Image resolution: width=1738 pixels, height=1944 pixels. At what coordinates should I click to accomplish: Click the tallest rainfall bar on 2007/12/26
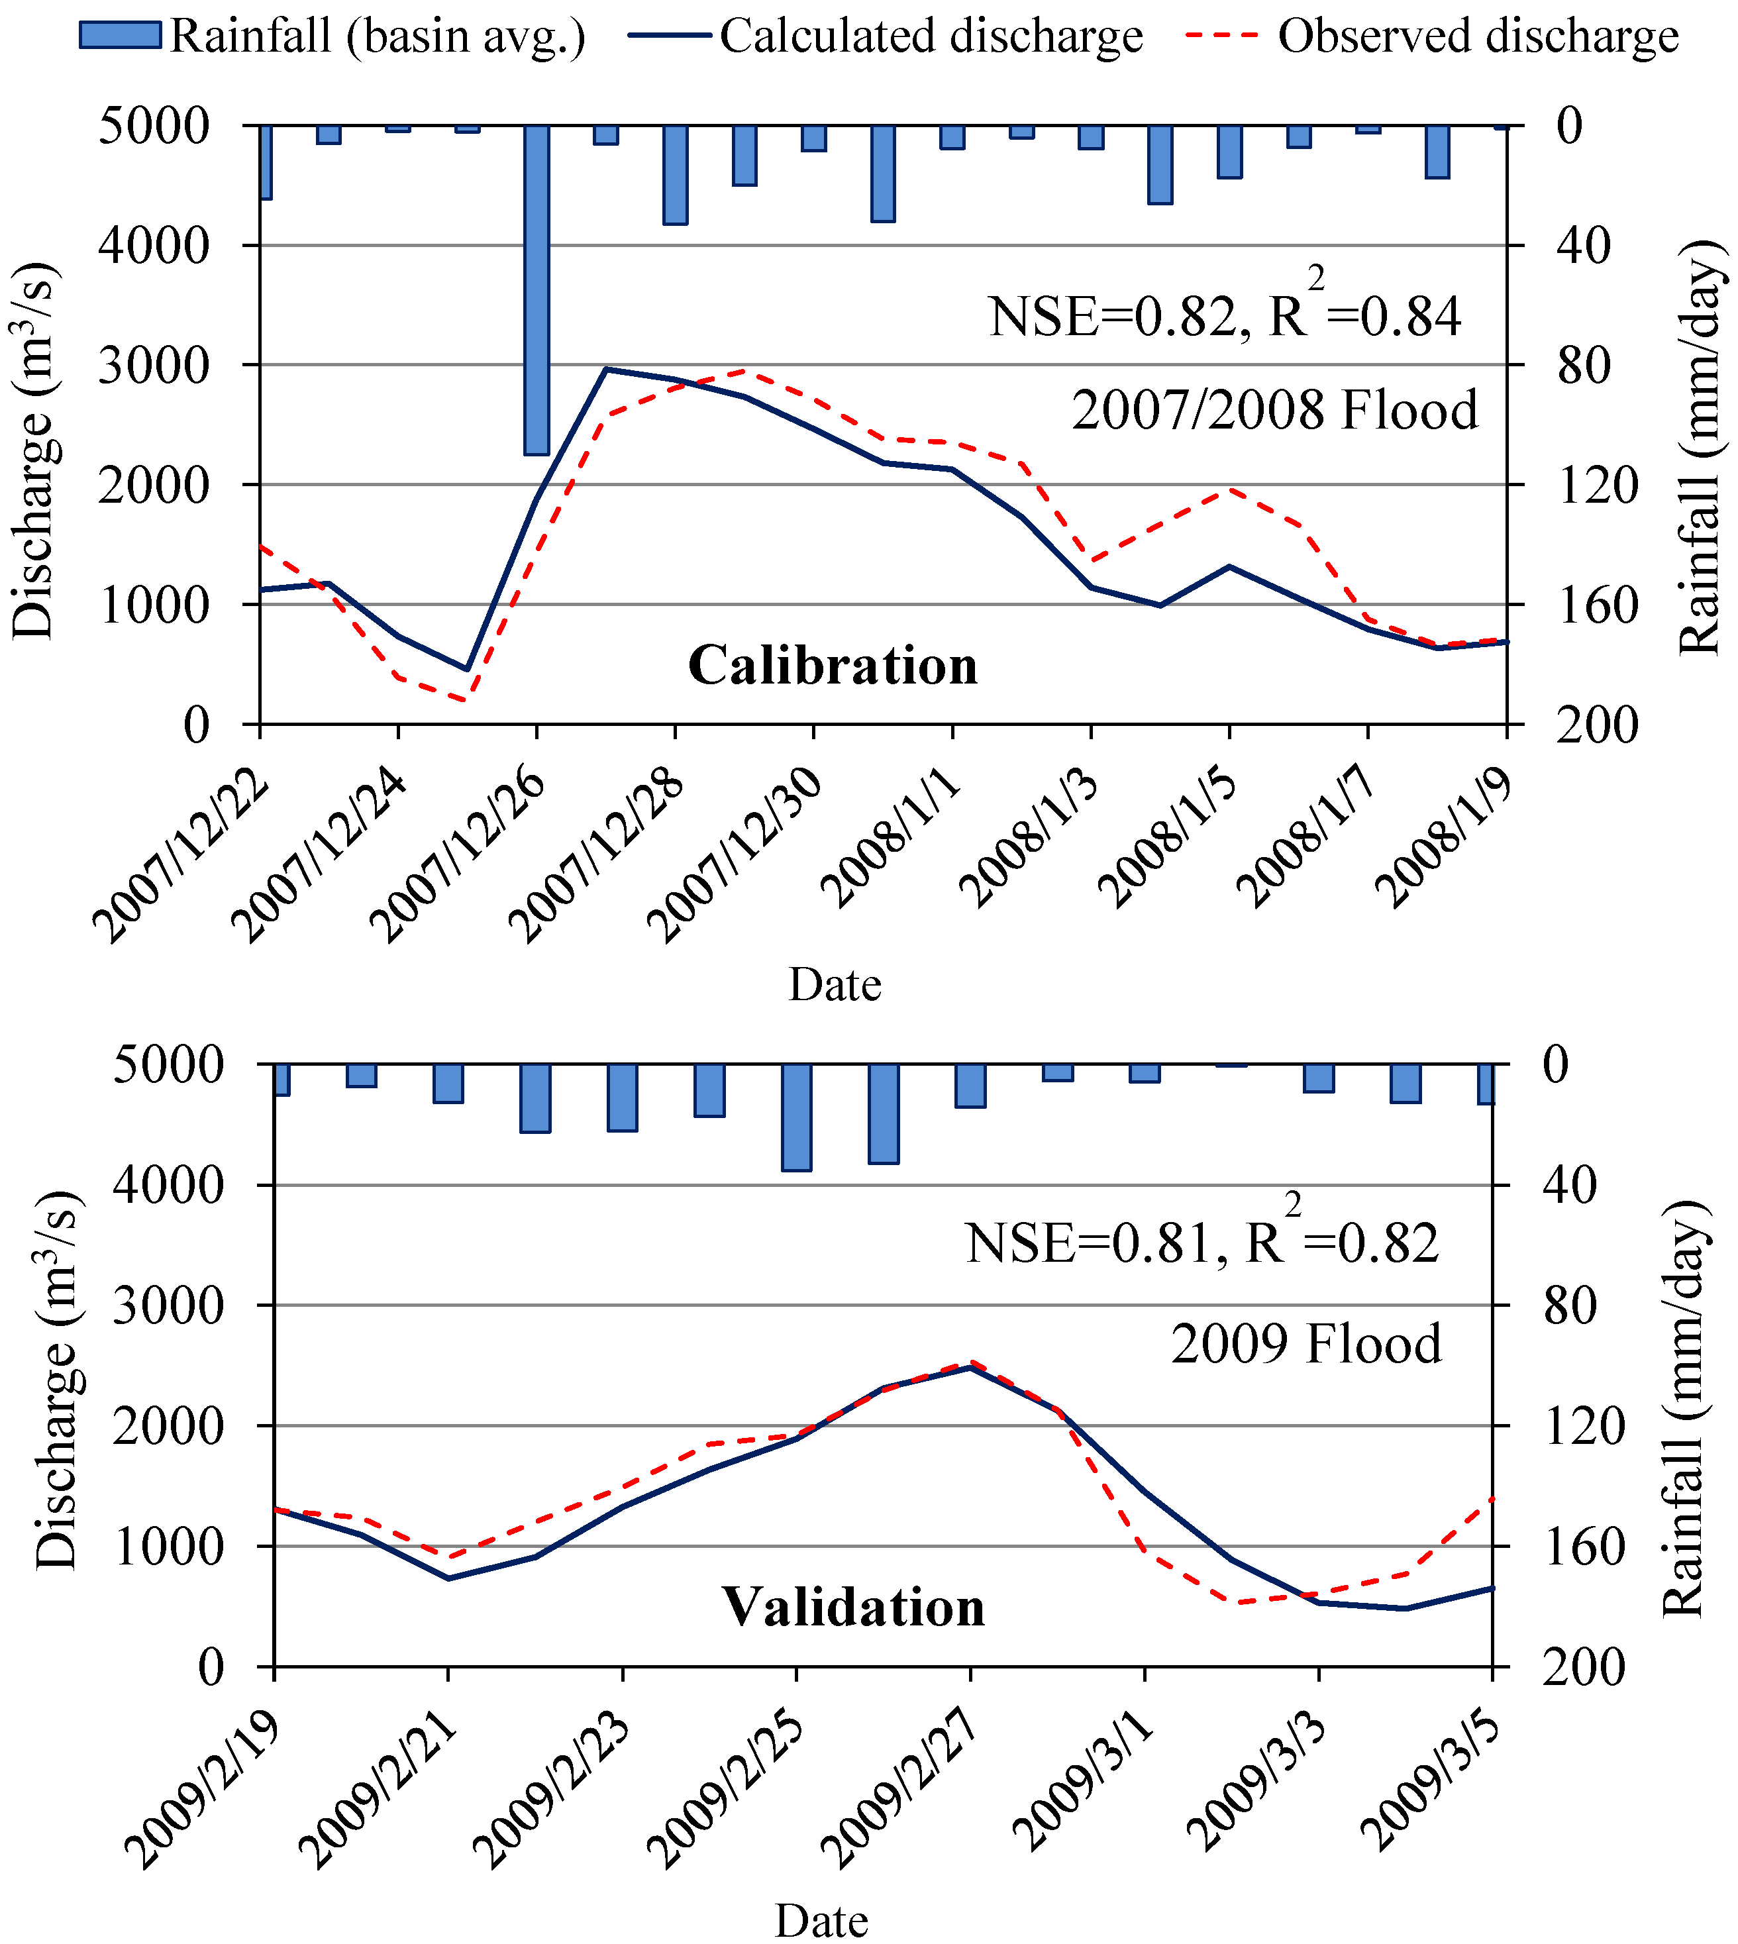[x=537, y=286]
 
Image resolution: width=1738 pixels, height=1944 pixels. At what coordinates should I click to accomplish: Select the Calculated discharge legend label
[x=931, y=36]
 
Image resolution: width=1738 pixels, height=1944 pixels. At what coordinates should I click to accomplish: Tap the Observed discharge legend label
[x=1478, y=36]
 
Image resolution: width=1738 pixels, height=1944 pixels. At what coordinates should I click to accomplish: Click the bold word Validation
[x=852, y=1606]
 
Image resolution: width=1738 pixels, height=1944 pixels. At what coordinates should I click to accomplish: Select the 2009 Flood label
[x=1306, y=1343]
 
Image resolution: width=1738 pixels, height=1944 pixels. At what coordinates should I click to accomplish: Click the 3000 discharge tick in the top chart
[x=153, y=365]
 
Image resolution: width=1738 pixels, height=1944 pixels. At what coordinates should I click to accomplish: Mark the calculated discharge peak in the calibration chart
[x=607, y=368]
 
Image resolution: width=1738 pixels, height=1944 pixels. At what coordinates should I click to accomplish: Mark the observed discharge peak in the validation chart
[x=971, y=1362]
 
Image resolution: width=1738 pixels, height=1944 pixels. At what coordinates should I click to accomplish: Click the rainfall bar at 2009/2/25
[x=796, y=1117]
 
